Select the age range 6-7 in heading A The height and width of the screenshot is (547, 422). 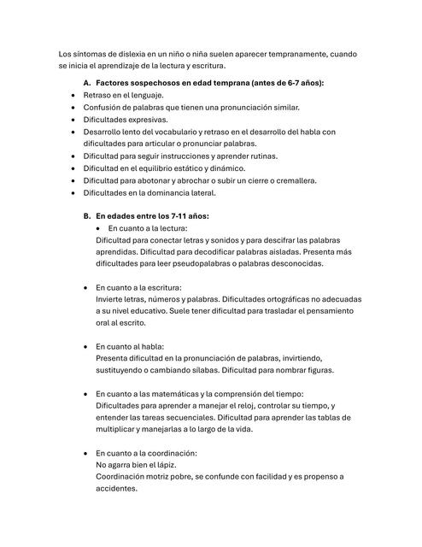click(294, 82)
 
